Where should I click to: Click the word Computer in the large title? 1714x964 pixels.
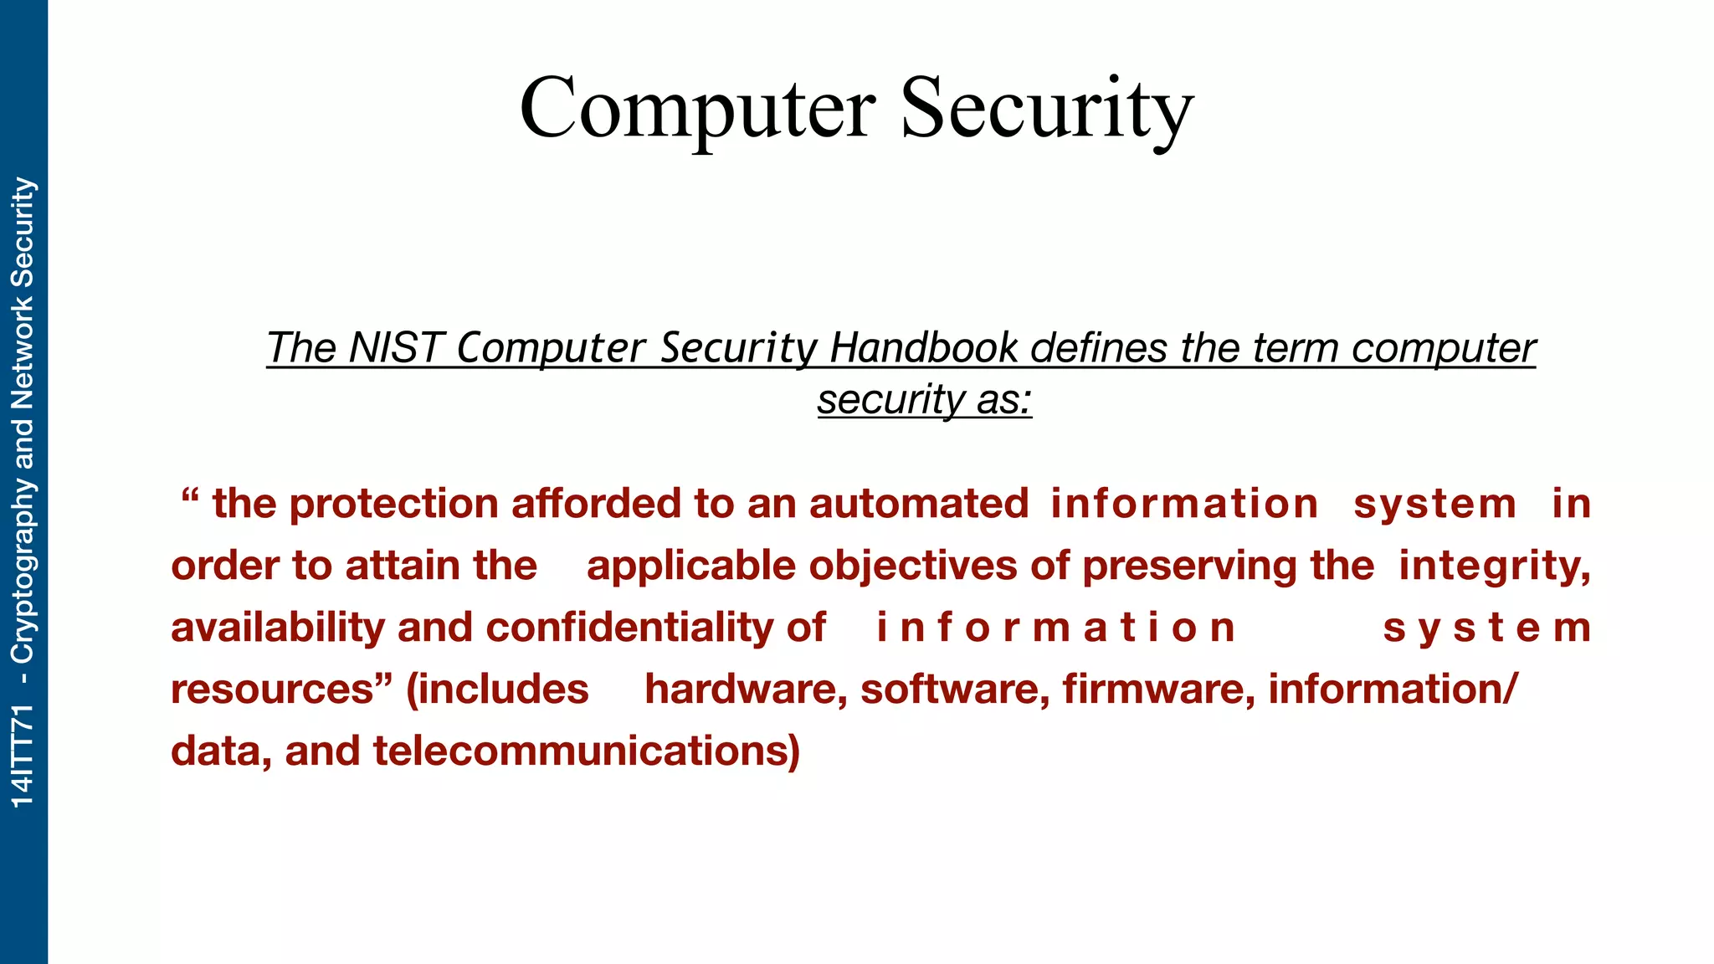(698, 110)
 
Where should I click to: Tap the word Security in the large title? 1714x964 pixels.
(1047, 110)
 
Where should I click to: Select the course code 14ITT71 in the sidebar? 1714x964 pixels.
(23, 756)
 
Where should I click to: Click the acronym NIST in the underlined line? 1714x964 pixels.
(394, 347)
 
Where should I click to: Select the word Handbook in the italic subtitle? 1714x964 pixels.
(924, 347)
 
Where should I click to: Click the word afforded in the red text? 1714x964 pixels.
(595, 504)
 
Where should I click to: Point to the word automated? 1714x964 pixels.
(918, 504)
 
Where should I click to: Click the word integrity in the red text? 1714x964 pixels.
(1493, 567)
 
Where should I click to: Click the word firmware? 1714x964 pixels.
(1158, 690)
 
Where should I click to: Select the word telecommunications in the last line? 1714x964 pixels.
(585, 751)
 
